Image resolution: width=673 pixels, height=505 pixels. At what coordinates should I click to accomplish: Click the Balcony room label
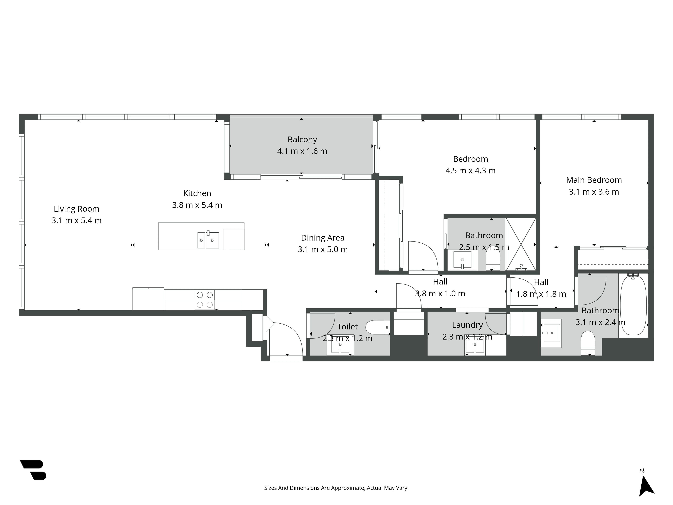pos(302,139)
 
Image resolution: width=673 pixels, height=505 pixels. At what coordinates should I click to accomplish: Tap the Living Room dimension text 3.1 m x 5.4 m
pos(76,220)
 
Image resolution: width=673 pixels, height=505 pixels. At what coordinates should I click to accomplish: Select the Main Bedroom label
pos(594,180)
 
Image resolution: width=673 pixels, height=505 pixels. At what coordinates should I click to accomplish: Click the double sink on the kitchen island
pos(208,240)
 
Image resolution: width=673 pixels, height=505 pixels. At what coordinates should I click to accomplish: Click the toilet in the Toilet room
pos(377,327)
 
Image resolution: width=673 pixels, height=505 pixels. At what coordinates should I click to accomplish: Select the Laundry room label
pos(467,325)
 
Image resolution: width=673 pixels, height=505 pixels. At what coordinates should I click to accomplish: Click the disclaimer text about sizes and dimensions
pos(336,488)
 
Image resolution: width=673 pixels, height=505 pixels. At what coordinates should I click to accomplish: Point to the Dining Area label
pos(323,238)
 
